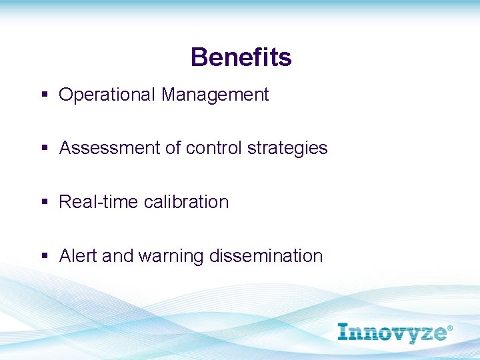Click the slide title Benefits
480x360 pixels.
241,57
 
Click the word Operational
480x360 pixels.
107,95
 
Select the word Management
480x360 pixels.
215,95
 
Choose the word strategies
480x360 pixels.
287,149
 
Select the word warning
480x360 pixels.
171,257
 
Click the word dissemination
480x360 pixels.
266,256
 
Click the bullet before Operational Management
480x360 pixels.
45,95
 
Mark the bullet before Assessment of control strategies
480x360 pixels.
45,148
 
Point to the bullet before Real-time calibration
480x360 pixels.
45,202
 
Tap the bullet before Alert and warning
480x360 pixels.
45,256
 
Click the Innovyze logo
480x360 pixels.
393,333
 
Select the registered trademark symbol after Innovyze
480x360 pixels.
449,329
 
